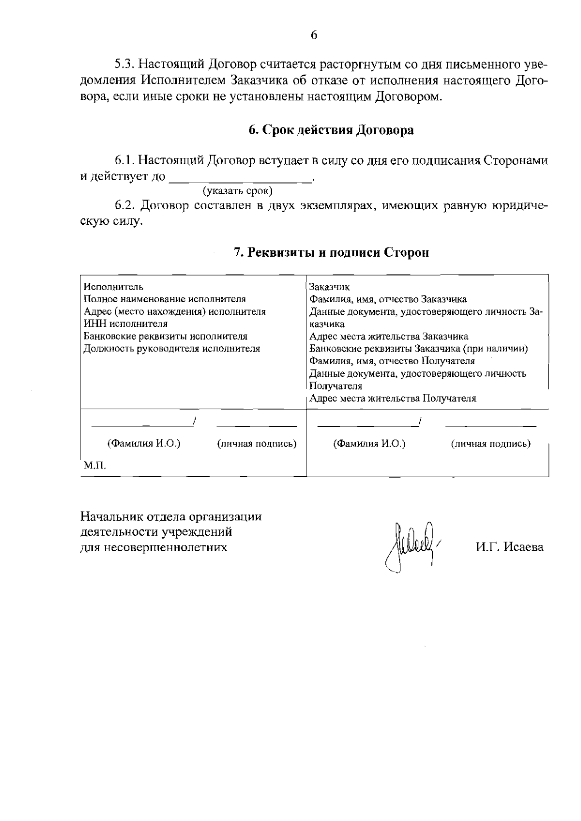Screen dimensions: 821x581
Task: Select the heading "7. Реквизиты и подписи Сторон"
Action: [x=331, y=252]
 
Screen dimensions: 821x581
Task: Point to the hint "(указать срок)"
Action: [x=238, y=190]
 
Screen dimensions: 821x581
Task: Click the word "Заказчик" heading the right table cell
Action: [x=329, y=287]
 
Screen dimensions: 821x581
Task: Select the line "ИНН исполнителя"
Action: [x=126, y=324]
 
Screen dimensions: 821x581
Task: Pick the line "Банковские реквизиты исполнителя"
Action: [x=166, y=336]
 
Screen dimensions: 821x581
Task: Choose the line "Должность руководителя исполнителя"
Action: [x=172, y=349]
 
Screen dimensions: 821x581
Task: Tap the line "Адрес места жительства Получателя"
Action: [x=393, y=399]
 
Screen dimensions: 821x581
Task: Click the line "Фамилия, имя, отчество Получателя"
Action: [x=392, y=361]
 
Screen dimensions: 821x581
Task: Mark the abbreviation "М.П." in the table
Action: [x=94, y=466]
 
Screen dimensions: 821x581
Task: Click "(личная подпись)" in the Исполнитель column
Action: [x=257, y=444]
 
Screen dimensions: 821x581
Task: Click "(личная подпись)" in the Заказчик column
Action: [x=490, y=444]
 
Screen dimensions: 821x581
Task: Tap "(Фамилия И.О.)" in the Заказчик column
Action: [x=369, y=444]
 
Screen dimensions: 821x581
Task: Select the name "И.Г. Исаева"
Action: [x=509, y=547]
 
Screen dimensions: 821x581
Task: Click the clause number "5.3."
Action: [x=126, y=64]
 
